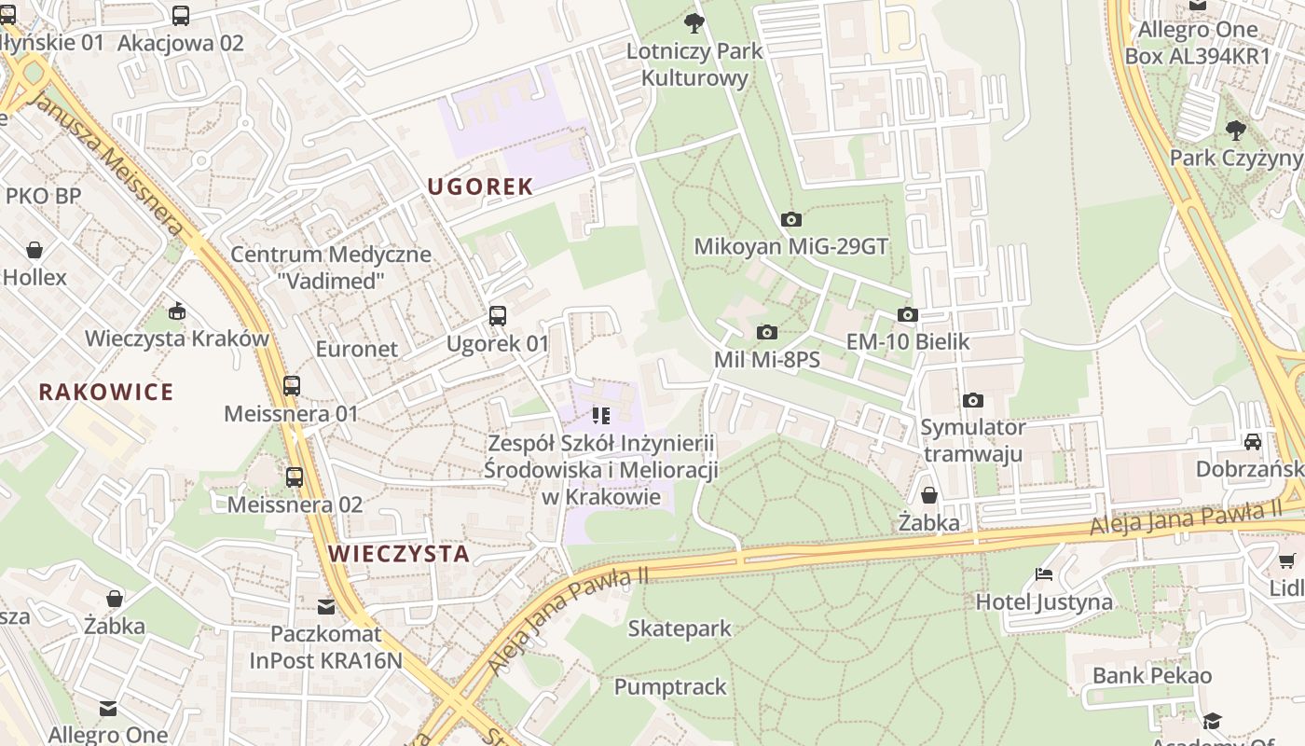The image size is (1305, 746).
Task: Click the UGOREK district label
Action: [480, 186]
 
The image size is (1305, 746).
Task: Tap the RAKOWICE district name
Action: [106, 392]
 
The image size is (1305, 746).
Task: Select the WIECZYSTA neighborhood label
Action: [399, 553]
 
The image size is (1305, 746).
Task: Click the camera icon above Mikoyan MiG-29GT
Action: [791, 220]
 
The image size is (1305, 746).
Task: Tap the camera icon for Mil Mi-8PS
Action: [766, 333]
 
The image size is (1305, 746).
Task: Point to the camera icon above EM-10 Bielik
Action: [907, 315]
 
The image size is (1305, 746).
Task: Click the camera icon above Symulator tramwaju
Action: [972, 401]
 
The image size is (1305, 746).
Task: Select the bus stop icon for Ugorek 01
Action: [498, 316]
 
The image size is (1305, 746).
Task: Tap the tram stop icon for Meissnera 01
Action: [292, 385]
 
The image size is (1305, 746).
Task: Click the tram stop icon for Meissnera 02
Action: [295, 477]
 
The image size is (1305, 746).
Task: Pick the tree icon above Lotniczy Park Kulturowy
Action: [694, 23]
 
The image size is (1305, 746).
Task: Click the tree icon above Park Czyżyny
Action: [1236, 131]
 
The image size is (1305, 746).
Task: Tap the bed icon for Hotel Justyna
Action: [1044, 574]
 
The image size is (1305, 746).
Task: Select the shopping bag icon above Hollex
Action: [34, 250]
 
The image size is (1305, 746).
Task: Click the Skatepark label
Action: [680, 629]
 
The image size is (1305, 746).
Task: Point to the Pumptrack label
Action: [669, 687]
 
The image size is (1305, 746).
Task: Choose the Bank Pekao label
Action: [1152, 675]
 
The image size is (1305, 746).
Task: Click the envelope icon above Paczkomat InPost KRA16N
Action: [325, 607]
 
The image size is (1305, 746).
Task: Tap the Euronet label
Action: [356, 349]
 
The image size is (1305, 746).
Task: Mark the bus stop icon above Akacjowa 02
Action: [181, 16]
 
